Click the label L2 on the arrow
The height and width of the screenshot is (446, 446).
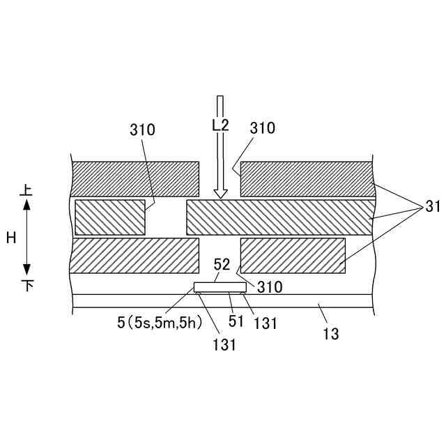220,125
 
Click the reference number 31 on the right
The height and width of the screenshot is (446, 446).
433,206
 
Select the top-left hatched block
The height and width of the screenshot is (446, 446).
135,179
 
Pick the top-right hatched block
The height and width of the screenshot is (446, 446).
305,179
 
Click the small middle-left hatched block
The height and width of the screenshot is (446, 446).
110,217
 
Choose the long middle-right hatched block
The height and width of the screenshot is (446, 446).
279,217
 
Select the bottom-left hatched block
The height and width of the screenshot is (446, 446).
135,255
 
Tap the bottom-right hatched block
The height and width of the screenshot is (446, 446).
293,255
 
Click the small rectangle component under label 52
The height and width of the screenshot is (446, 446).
220,287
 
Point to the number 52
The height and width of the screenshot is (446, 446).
222,264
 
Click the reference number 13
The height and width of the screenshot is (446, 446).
331,334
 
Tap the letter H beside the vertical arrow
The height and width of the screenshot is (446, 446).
11,238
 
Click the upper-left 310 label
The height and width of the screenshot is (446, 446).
142,130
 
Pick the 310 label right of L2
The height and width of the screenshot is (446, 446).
262,128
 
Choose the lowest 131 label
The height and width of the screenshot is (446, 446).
222,344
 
